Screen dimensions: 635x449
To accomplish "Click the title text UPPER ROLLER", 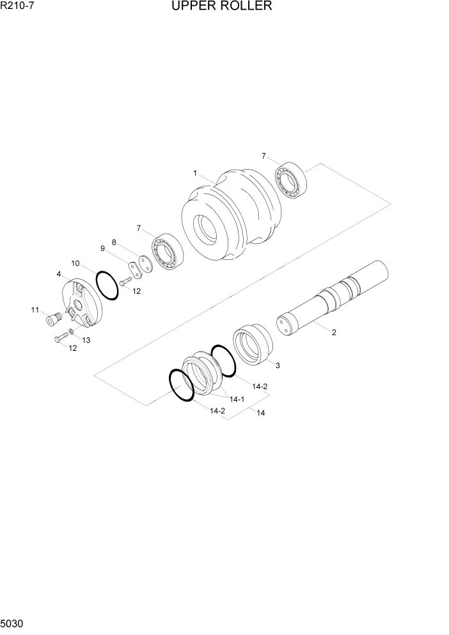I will click(222, 7).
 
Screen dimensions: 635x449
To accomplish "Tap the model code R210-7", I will click(19, 7).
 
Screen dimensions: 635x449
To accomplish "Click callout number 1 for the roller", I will click(195, 173).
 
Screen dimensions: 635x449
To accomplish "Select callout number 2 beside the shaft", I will click(333, 332).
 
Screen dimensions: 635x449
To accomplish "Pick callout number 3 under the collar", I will click(277, 366).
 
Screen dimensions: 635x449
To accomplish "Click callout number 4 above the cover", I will click(59, 274).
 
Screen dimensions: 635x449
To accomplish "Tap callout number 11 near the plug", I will click(35, 310).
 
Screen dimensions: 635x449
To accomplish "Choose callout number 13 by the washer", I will click(86, 340).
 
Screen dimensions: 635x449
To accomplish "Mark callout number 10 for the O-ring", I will click(75, 263).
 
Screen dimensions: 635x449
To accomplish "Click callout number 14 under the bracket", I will click(260, 413).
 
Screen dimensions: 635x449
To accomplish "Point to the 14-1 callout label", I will click(237, 399).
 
